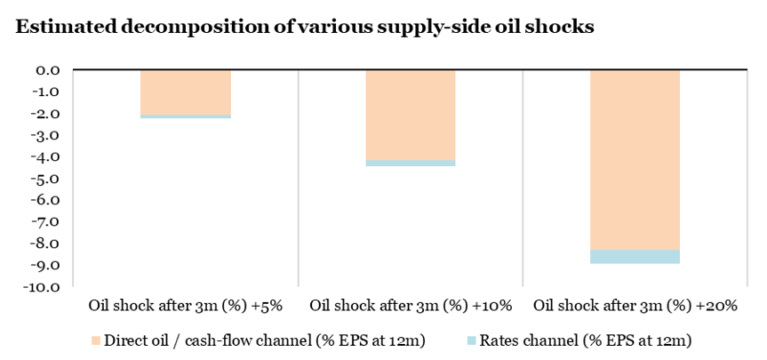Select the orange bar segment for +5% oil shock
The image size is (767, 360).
tap(186, 92)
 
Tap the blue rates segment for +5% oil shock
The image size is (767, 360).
tap(186, 116)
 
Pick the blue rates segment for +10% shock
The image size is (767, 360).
tap(411, 163)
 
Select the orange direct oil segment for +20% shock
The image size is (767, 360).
tap(635, 160)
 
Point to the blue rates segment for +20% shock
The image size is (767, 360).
tap(635, 257)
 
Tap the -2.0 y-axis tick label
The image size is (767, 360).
tap(46, 113)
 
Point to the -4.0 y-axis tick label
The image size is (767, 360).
tap(46, 156)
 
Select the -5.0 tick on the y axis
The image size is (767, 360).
tap(46, 178)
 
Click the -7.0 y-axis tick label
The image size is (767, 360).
tap(46, 221)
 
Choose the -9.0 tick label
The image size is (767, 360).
tap(46, 265)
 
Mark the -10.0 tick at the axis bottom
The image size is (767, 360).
tap(44, 286)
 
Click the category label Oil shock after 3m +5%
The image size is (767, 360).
tap(185, 306)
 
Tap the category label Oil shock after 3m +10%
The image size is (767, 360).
tap(411, 306)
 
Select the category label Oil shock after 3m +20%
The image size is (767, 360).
tap(635, 306)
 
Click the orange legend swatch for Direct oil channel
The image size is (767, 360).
tap(96, 340)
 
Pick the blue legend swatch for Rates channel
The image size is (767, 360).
tap(472, 340)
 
